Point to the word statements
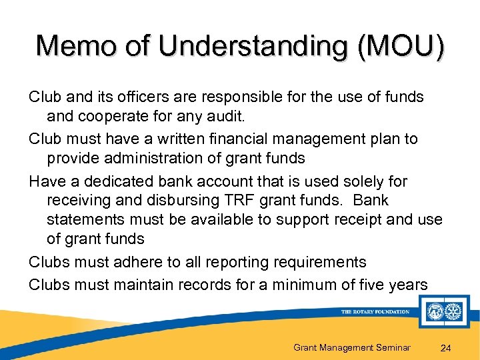click(86, 219)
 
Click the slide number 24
click(447, 347)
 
